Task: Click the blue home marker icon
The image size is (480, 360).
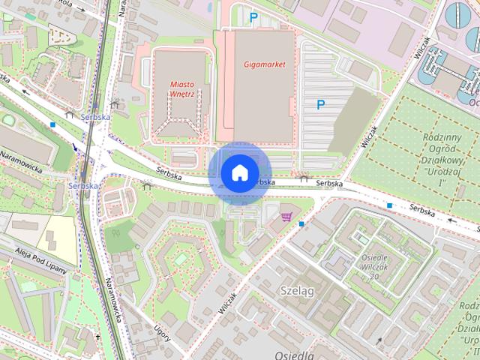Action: tap(238, 172)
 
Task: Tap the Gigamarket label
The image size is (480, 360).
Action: tap(265, 64)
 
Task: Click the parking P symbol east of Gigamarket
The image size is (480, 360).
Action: tap(321, 105)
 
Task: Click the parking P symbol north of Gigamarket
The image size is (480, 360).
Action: tap(253, 16)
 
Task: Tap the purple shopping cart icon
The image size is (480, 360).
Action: tap(286, 217)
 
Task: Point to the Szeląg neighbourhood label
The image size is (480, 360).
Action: tap(295, 290)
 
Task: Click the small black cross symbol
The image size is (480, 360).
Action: tap(98, 338)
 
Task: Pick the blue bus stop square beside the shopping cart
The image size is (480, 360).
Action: tap(301, 223)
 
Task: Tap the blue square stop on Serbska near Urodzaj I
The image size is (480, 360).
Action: tap(390, 205)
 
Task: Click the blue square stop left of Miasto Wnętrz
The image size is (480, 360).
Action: tap(52, 124)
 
